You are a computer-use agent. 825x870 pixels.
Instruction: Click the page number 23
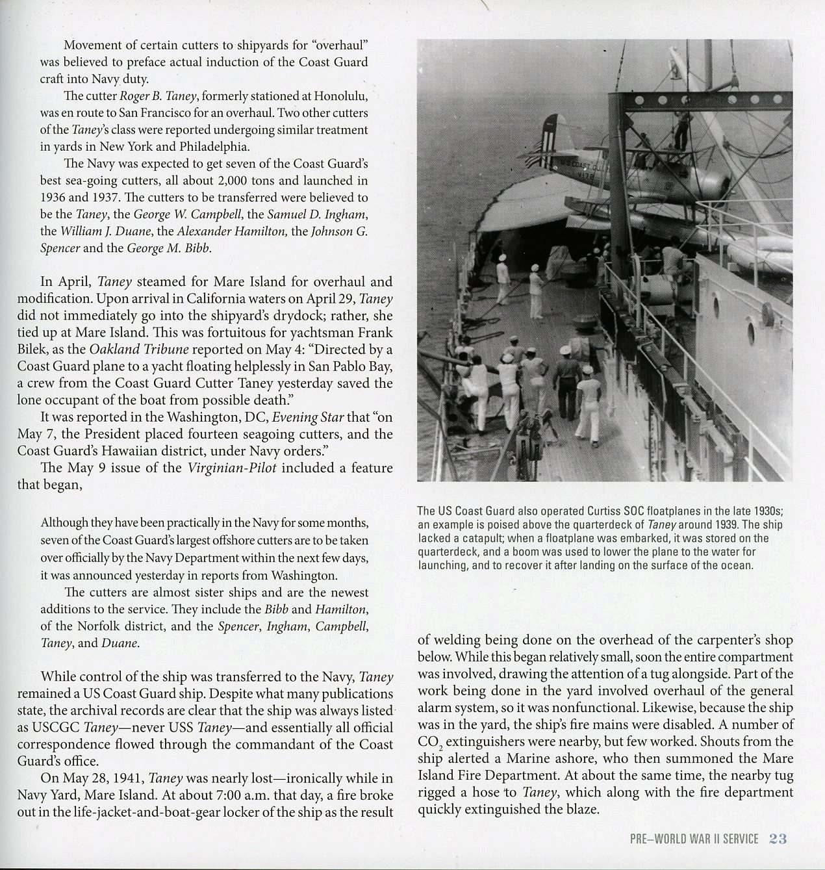point(778,839)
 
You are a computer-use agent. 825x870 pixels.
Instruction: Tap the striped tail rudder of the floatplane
point(551,136)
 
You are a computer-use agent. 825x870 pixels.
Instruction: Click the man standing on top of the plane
point(681,131)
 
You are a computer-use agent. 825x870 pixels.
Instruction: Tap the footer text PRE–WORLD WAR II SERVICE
point(694,839)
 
